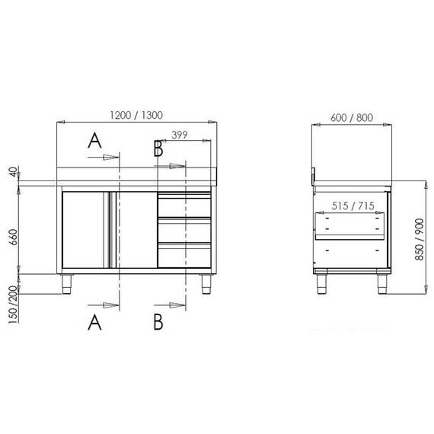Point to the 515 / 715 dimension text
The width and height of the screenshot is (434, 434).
point(352,206)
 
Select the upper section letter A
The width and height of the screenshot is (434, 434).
point(94,140)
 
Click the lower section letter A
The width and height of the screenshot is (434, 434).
point(94,323)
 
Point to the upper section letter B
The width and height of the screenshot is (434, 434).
point(158,148)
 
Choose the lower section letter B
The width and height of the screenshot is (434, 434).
point(158,323)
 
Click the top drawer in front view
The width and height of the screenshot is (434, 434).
point(183,204)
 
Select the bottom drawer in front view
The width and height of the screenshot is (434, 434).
point(183,254)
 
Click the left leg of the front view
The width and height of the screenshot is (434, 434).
point(67,284)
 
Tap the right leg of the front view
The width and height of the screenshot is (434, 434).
point(205,284)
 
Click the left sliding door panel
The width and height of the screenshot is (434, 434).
point(86,230)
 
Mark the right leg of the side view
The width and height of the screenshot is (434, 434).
point(382,283)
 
